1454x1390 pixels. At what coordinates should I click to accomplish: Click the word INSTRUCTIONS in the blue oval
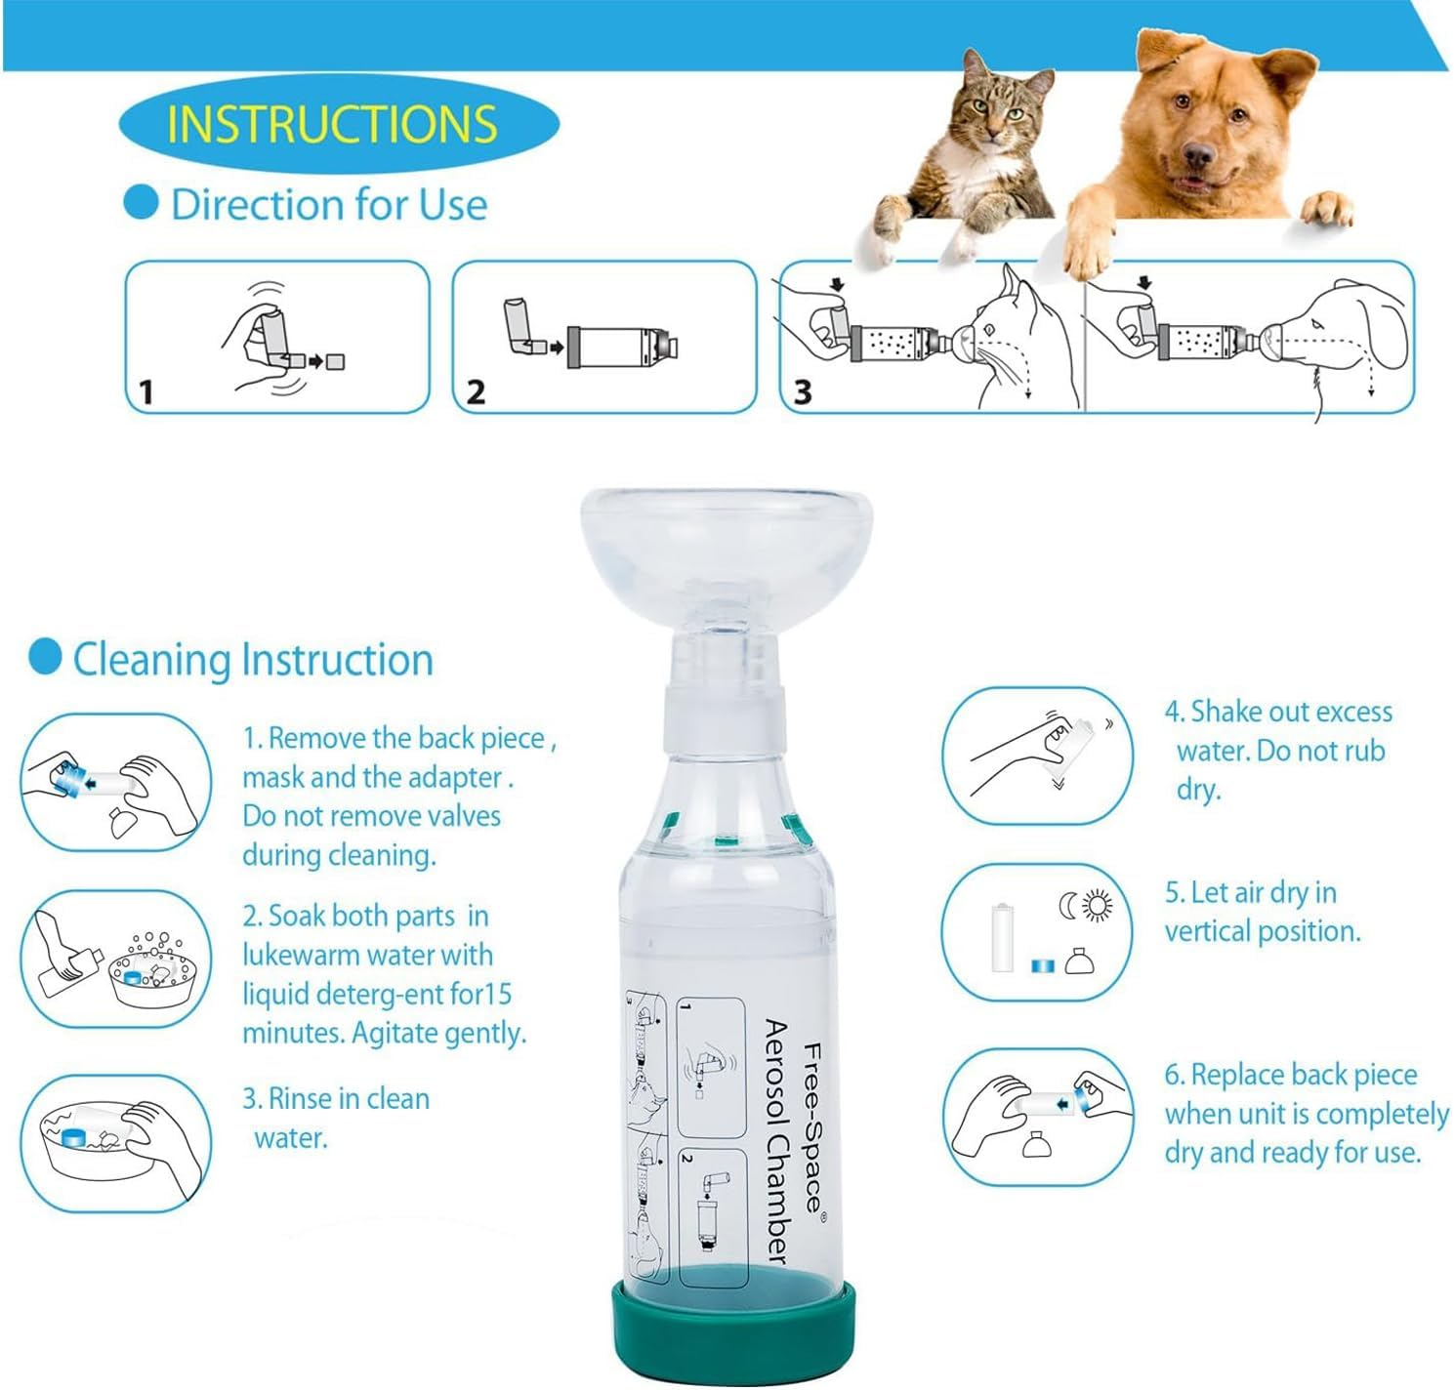point(332,124)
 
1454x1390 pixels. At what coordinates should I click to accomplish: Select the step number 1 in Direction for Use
point(146,392)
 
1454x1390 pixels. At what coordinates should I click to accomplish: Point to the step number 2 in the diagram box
point(476,392)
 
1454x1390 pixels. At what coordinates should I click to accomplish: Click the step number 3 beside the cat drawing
point(803,392)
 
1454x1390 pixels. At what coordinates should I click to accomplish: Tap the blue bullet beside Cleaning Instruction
point(45,657)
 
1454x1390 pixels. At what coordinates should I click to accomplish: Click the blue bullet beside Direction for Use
point(142,202)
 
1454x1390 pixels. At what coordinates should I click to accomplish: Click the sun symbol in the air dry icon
point(1099,907)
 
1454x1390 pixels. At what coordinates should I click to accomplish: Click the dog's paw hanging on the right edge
point(1328,207)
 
